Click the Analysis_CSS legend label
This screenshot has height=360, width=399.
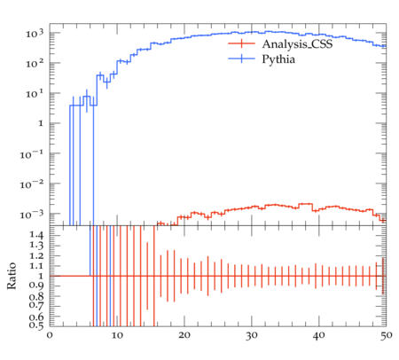pos(297,44)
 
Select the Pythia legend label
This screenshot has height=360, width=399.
pos(278,59)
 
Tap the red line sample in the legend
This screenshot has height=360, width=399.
pos(241,43)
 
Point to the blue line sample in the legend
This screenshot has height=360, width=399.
pos(241,59)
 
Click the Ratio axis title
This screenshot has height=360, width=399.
pos(12,276)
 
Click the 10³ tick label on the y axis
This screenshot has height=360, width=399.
pos(35,34)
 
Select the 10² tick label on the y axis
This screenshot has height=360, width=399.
pos(35,63)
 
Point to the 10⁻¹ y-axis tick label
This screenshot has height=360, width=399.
pos(32,153)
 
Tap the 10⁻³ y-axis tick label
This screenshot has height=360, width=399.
pos(32,214)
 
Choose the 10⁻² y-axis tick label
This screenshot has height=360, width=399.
pos(32,184)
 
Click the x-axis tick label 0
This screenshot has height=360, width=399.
pos(50,335)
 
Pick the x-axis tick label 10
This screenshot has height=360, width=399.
pos(117,335)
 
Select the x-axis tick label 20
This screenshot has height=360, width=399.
pos(184,335)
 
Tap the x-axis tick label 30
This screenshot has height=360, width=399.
pos(252,335)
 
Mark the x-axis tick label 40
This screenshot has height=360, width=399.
pos(319,335)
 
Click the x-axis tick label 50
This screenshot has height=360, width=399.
pos(386,335)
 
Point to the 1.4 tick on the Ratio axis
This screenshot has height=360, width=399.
pos(36,235)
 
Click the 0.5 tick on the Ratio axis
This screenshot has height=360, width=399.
pos(36,325)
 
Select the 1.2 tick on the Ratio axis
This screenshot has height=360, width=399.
pos(36,255)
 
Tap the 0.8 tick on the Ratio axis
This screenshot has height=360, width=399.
pos(36,296)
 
